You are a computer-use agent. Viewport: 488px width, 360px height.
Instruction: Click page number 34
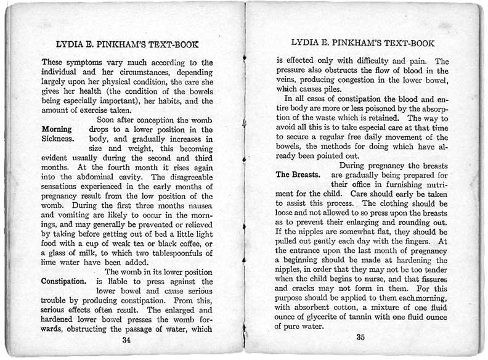pos(126,339)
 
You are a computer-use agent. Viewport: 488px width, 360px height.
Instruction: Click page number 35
pos(360,337)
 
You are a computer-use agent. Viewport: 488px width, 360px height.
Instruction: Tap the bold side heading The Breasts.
pos(299,174)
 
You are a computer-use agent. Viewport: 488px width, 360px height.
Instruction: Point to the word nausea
pos(197,207)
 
